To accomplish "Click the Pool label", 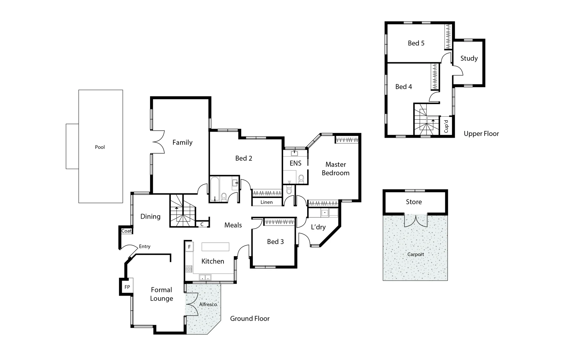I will pyautogui.click(x=100, y=147).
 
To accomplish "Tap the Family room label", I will pyautogui.click(x=182, y=142).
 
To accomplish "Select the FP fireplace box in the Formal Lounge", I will pyautogui.click(x=127, y=287).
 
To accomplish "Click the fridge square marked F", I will pyautogui.click(x=189, y=247).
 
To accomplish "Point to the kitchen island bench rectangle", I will pyautogui.click(x=215, y=247).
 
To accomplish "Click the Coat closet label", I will pyautogui.click(x=126, y=231).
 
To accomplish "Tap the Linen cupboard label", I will pyautogui.click(x=266, y=202).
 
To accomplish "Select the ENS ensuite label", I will pyautogui.click(x=295, y=163).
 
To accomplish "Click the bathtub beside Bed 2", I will pyautogui.click(x=214, y=189).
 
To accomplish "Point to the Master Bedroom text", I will pyautogui.click(x=336, y=169).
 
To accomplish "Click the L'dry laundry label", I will pyautogui.click(x=318, y=227).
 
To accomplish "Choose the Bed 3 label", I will pyautogui.click(x=275, y=242).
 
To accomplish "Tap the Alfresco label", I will pyautogui.click(x=208, y=304).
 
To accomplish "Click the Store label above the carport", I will pyautogui.click(x=414, y=202).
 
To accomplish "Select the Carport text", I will pyautogui.click(x=416, y=254).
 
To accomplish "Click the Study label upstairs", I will pyautogui.click(x=469, y=58).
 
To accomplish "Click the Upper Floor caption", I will pyautogui.click(x=481, y=134).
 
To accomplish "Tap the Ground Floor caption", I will pyautogui.click(x=249, y=319).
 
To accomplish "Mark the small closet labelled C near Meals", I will pyautogui.click(x=202, y=224).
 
